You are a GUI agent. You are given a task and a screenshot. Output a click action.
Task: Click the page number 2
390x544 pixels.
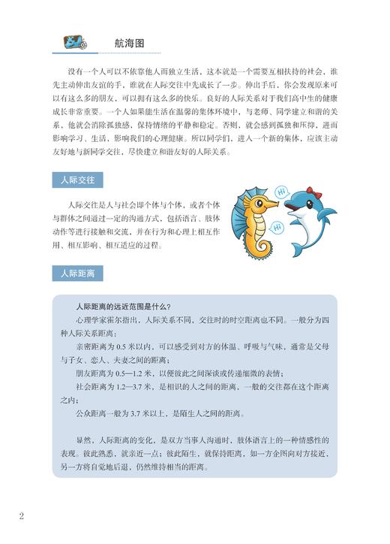pyautogui.click(x=22, y=515)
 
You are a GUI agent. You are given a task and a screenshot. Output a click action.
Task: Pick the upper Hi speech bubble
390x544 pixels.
pyautogui.click(x=284, y=195)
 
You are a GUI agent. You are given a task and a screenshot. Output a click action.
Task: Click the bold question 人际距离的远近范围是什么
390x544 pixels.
pyautogui.click(x=123, y=306)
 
